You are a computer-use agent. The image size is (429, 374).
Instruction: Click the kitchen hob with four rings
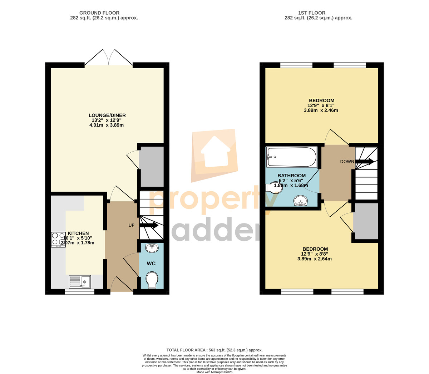click(58, 240)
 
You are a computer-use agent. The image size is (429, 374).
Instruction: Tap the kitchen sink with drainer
click(80, 281)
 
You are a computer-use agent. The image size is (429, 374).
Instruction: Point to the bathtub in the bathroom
click(292, 157)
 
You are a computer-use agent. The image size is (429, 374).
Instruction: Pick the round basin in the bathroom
click(301, 201)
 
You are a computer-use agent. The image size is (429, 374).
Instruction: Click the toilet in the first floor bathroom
click(274, 187)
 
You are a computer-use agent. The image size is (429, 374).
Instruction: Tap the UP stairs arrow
click(149, 225)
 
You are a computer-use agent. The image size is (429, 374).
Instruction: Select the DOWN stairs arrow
click(364, 161)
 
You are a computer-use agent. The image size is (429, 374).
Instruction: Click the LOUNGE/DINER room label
click(107, 115)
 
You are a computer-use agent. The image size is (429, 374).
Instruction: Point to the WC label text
click(151, 264)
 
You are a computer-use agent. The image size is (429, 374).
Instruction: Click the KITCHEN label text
click(78, 233)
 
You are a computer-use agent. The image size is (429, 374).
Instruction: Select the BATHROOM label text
click(291, 176)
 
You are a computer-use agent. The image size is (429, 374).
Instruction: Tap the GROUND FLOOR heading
click(99, 13)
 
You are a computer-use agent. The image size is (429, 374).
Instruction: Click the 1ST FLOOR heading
click(312, 13)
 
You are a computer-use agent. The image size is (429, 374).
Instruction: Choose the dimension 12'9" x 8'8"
click(315, 254)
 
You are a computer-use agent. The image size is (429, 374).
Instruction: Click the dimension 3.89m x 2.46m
click(321, 110)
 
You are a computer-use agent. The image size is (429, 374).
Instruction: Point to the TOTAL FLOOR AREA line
click(214, 350)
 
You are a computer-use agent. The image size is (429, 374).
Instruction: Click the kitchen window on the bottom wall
click(79, 292)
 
